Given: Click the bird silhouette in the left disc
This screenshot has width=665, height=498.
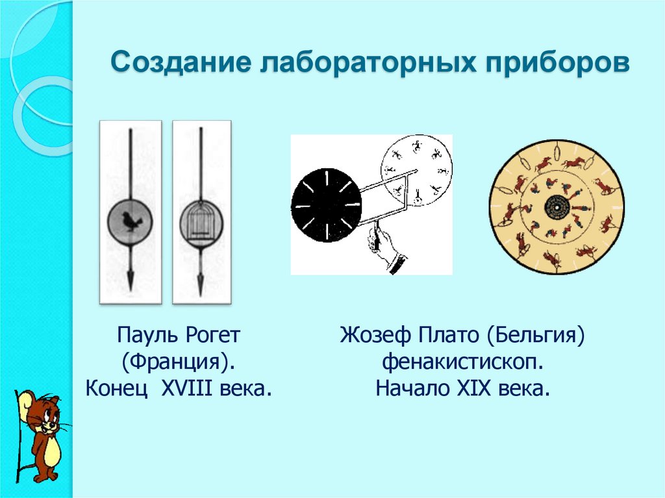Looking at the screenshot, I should tap(131, 221).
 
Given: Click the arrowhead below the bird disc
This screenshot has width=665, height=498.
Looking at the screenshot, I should tap(131, 280).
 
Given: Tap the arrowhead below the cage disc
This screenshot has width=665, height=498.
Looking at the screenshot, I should tap(201, 281).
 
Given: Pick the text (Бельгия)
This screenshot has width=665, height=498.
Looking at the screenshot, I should tap(538, 336).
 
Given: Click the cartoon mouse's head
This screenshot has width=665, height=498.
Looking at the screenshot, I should tap(40, 416).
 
